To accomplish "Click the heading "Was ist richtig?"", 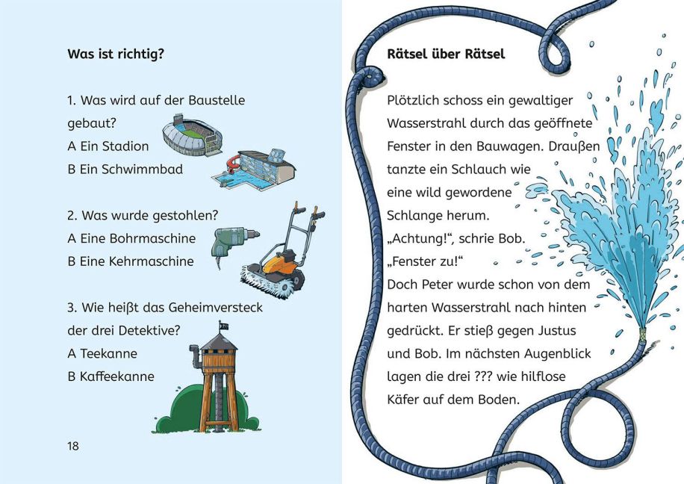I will pos(116,54).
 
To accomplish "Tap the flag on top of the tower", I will pos(222,326).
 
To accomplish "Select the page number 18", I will pos(72,446).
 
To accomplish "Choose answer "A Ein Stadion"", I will pos(108,146).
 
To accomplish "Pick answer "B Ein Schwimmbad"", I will pos(125,170).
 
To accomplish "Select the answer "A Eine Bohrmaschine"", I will pos(131,238).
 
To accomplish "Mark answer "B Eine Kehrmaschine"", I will pos(131,261).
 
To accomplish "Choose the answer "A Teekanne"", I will pos(102,353).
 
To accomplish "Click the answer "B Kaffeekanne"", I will pos(111,376).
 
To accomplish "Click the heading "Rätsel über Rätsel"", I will pos(446,54).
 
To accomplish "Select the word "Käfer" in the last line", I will pos(404,400).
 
